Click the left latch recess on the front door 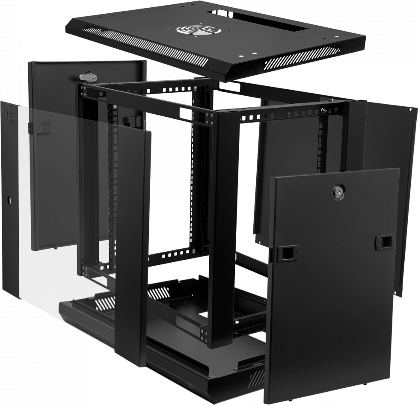point(284,253)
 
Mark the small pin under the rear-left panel point(56,246)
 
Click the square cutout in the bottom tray point(202,315)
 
